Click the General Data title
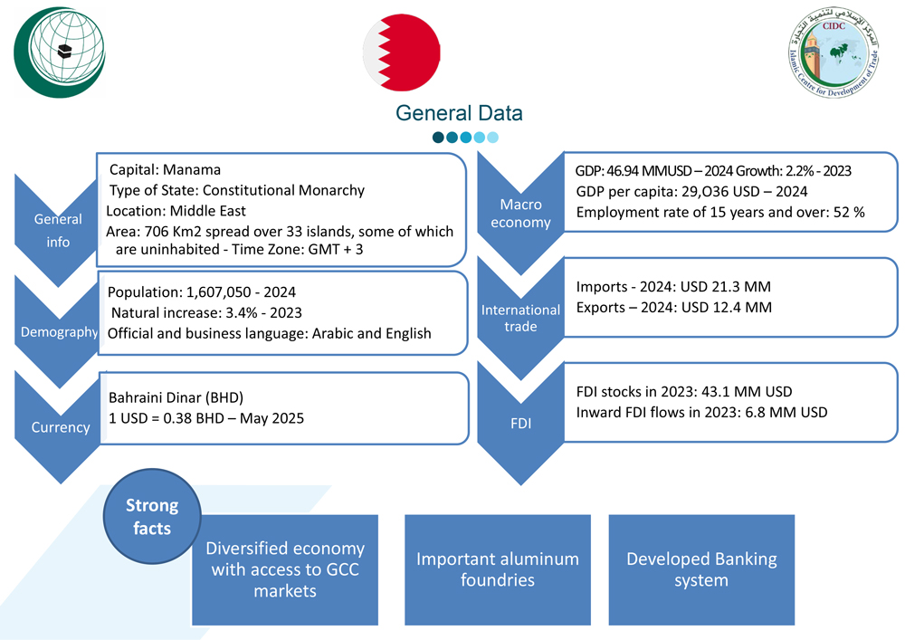point(459,113)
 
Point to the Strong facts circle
point(152,516)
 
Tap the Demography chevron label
point(59,332)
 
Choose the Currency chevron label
point(61,426)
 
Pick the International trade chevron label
point(519,319)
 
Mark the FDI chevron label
point(519,421)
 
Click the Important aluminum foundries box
point(497,568)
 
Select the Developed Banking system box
point(700,568)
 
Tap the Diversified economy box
point(285,568)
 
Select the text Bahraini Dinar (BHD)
point(176,397)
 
